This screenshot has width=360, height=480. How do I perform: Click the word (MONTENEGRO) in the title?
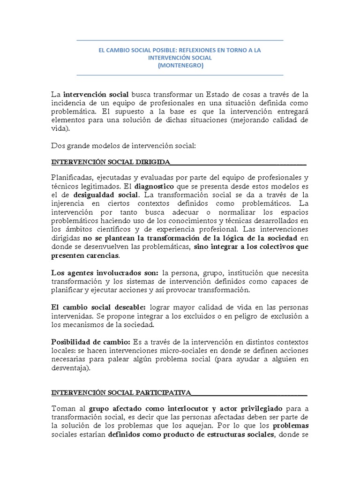[x=180, y=66]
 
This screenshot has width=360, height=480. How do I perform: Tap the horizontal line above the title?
[x=180, y=41]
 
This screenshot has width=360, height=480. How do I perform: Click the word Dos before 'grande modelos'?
[x=57, y=146]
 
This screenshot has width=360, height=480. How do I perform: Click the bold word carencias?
[x=100, y=255]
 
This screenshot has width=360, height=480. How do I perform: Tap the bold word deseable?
[x=126, y=307]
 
